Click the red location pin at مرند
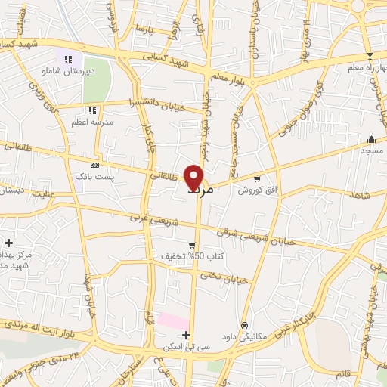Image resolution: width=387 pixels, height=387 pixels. pos(194,177)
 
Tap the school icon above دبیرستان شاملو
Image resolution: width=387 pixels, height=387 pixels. pos(68,58)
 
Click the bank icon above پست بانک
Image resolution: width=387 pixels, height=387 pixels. pos(94,165)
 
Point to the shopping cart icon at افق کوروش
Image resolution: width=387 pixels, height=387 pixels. pos(257,179)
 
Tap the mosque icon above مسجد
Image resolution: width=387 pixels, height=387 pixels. pos(371,140)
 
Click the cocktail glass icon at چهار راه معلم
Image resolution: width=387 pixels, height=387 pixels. pos(370,56)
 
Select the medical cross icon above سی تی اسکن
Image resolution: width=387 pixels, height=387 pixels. pos(186,335)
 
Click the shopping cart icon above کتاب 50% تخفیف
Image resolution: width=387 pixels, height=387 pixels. pos(193,246)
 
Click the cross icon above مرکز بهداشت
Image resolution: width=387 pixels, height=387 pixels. pos(8,243)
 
